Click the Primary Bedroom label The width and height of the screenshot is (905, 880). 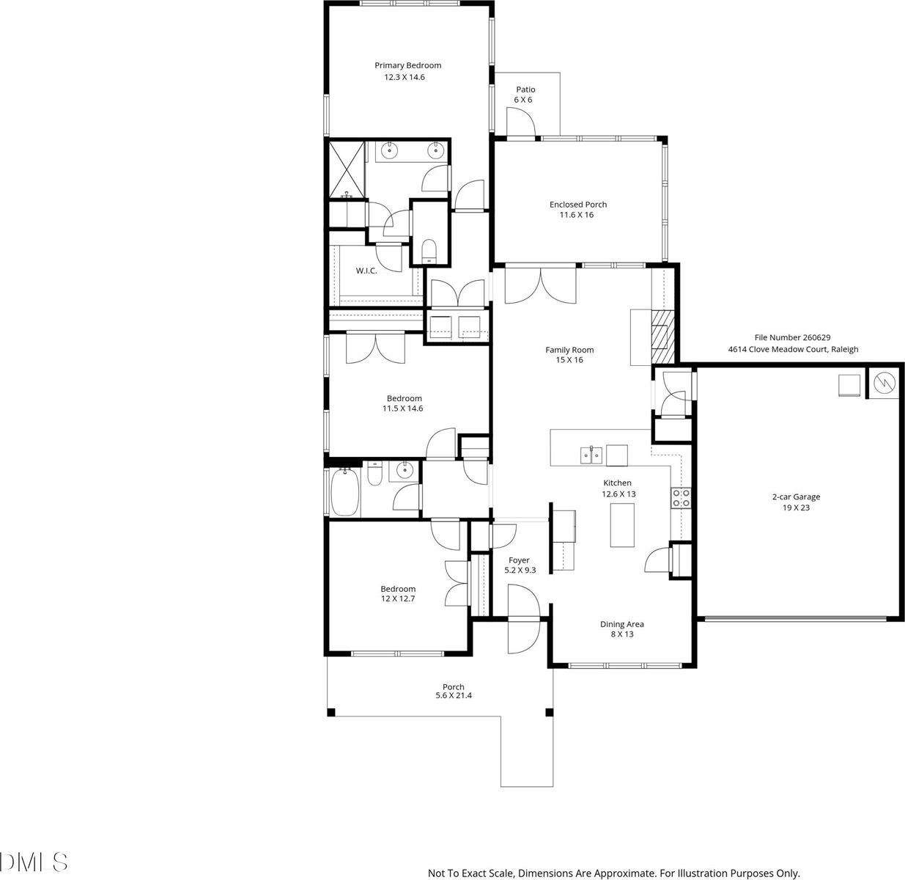coord(407,65)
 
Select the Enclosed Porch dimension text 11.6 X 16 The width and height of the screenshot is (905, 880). coord(578,215)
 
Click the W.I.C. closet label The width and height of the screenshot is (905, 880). coord(366,271)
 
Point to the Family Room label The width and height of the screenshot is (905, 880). coord(569,350)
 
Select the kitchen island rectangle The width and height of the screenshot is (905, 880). coord(621,525)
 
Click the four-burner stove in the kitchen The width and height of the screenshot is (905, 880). coord(681,498)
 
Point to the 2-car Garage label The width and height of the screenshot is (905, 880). coord(796,496)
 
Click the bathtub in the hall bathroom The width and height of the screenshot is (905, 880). coord(345,494)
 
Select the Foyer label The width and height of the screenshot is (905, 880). coord(518,560)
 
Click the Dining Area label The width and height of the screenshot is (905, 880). coord(621,624)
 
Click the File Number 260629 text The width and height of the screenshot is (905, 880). coord(787,337)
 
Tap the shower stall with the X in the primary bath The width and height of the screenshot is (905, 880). coord(346,169)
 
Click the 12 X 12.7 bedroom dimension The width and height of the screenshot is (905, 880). coord(397,598)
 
